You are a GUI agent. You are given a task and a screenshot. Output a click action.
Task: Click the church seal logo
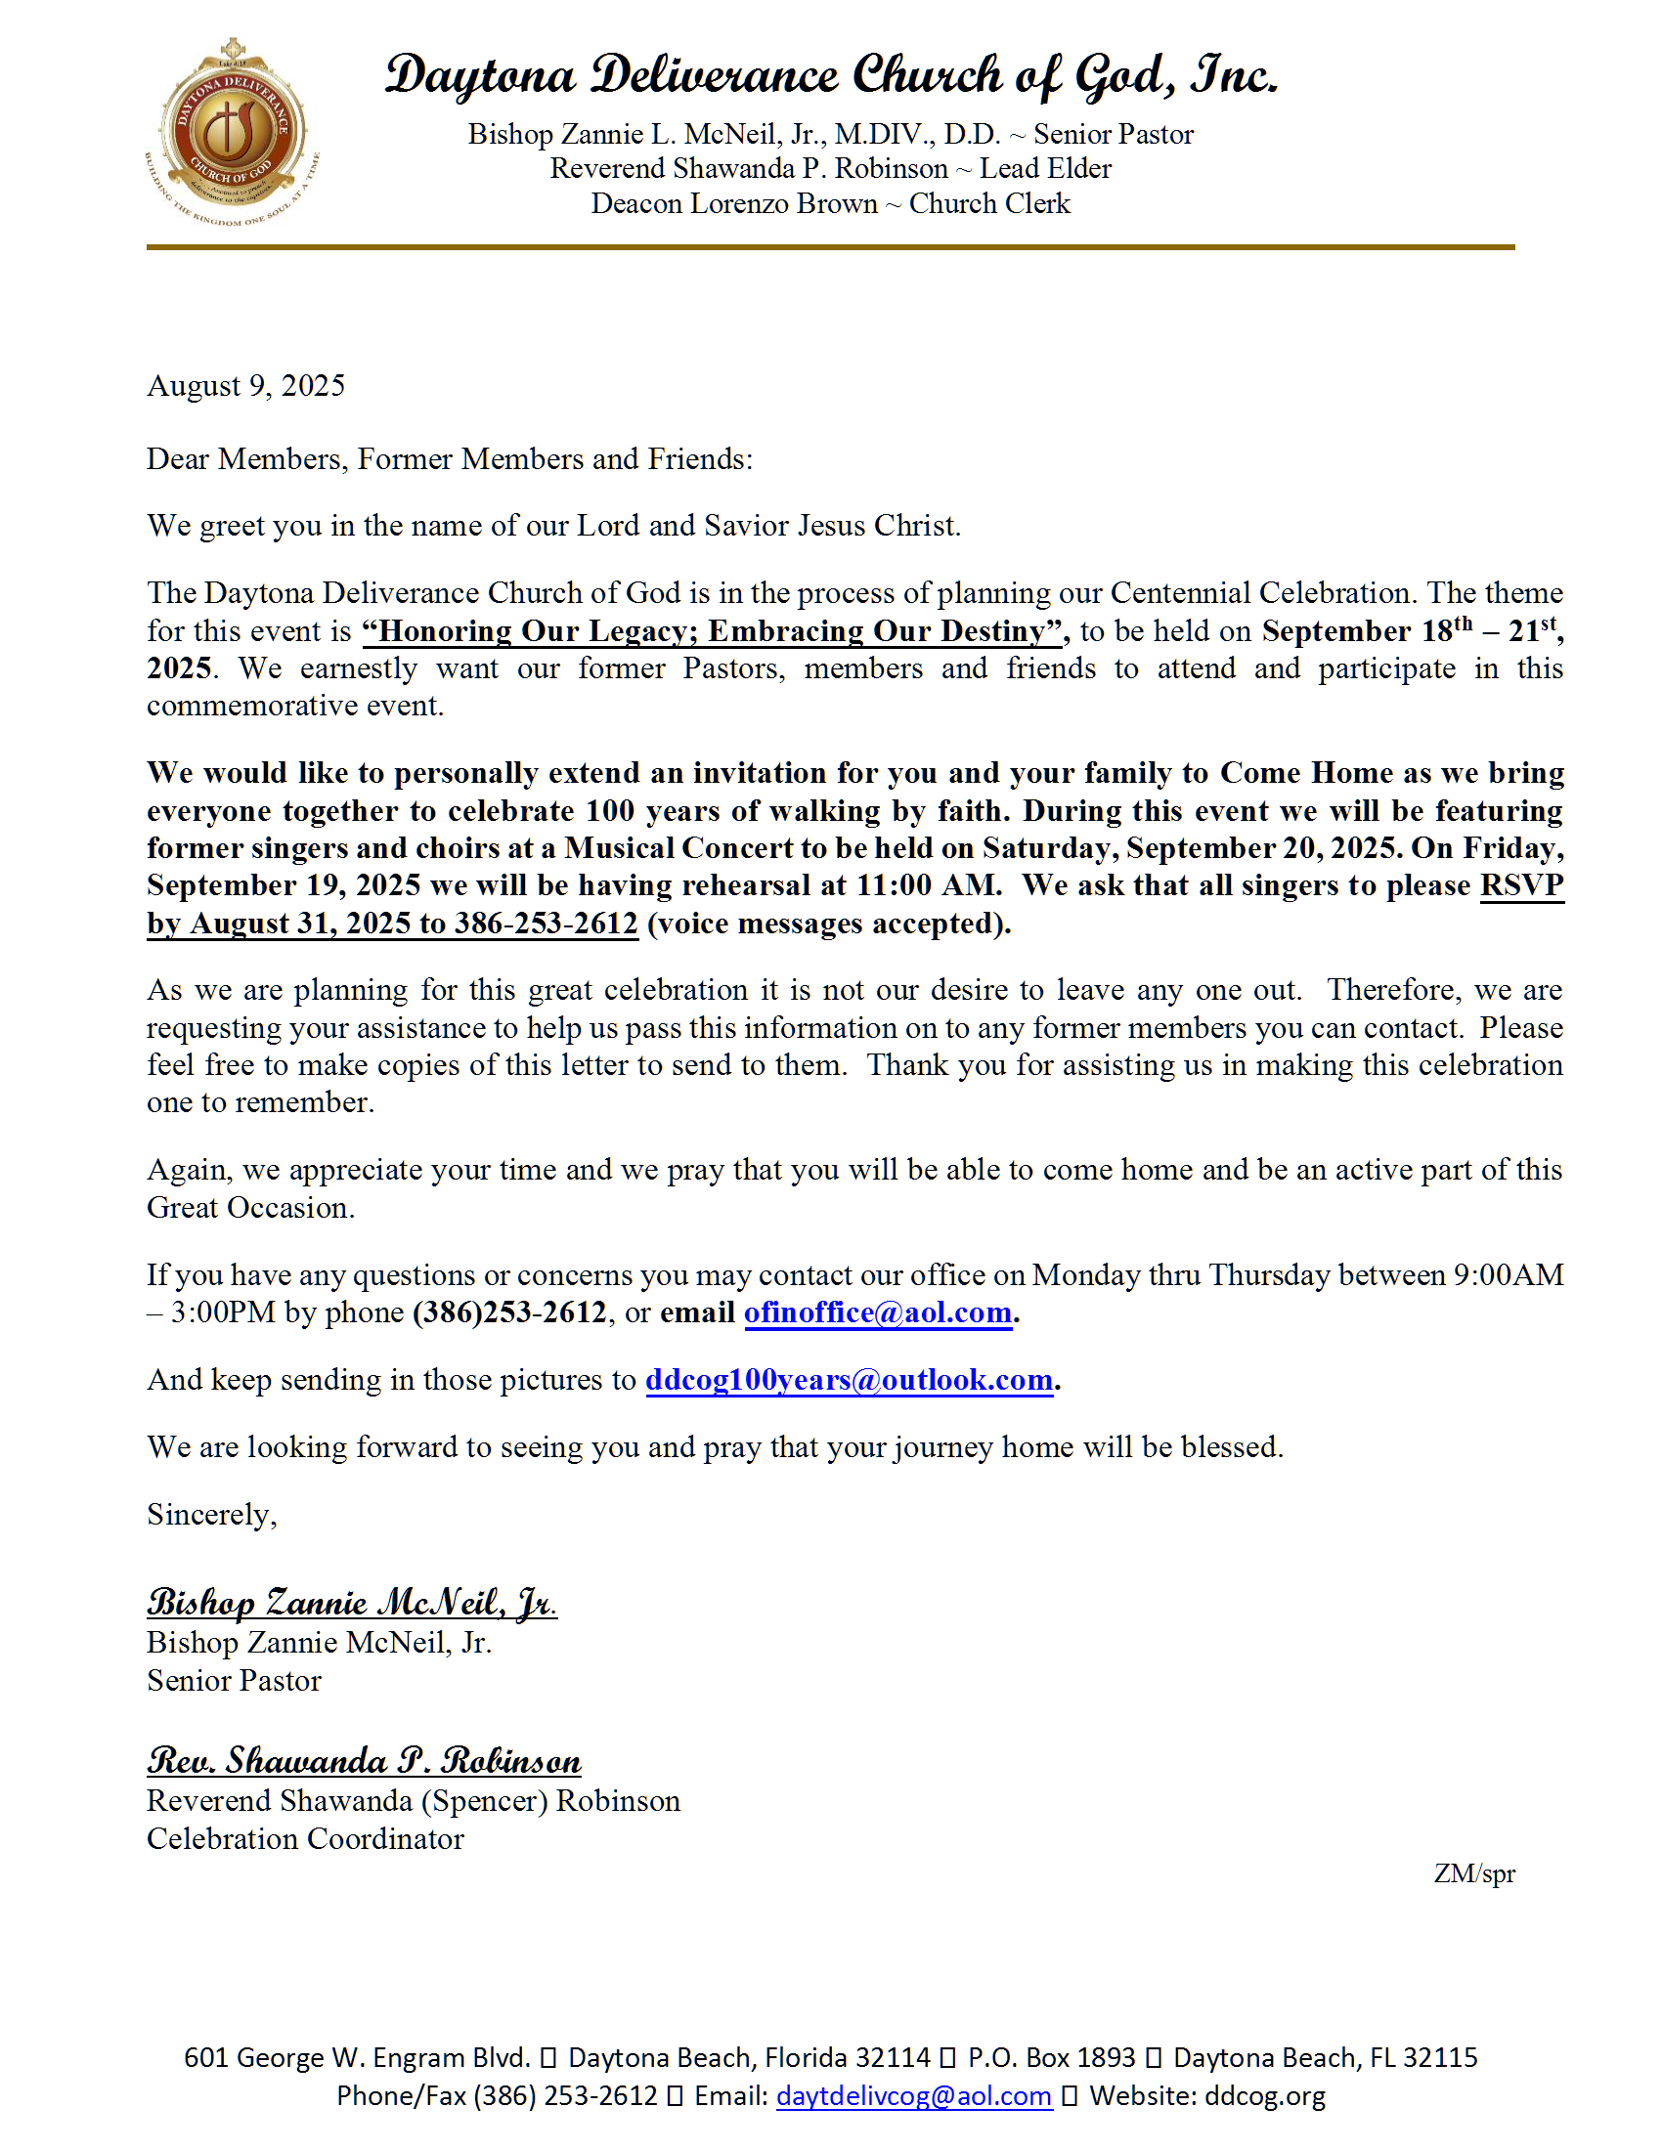pos(233,132)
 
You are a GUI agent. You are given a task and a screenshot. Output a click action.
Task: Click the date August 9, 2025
pos(246,386)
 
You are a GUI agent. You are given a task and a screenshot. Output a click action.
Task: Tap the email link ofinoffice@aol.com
pos(877,1312)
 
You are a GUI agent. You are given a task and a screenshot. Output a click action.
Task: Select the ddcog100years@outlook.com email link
pos(849,1380)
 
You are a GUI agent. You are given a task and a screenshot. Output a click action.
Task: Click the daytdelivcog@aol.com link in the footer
pos(914,2096)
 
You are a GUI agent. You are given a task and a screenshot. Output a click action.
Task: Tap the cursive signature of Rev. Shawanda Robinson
pos(365,1760)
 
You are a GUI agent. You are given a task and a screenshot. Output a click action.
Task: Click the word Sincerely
pos(212,1514)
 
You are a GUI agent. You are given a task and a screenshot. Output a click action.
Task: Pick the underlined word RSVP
pos(1521,885)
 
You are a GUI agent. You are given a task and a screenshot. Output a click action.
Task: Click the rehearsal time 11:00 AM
pos(928,885)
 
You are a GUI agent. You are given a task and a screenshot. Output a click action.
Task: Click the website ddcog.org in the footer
pos(1264,2096)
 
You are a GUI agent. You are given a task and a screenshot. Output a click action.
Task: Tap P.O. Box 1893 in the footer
pos(1051,2057)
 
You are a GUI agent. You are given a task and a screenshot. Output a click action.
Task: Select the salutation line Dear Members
pos(449,458)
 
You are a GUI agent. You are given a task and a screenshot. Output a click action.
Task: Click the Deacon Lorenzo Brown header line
pos(830,204)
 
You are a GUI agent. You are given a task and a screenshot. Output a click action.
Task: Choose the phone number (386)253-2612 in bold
pos(509,1312)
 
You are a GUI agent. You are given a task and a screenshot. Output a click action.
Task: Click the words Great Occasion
pos(250,1208)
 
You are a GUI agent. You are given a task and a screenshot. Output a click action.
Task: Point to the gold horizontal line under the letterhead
pos(830,247)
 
